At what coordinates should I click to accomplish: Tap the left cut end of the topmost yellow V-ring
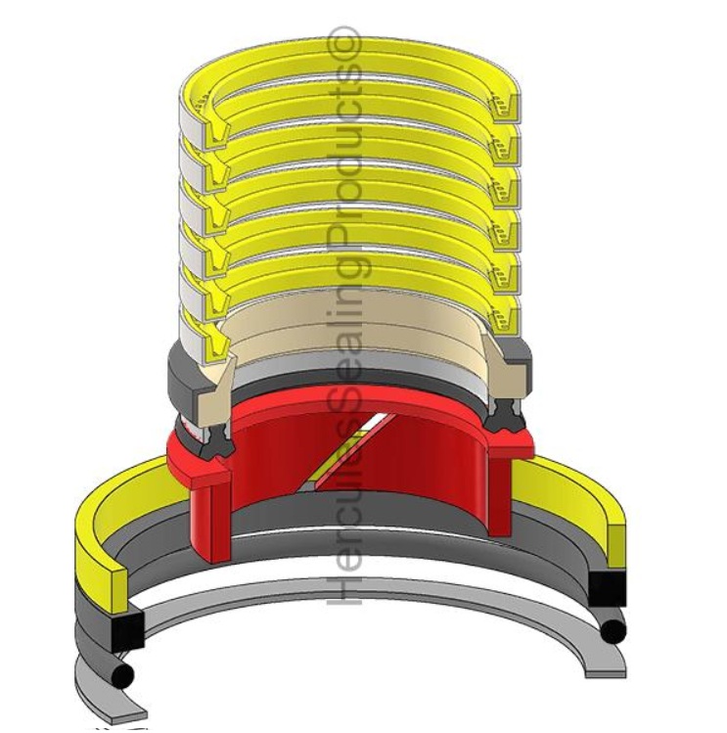(207, 121)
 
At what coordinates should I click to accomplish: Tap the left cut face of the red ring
(210, 509)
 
